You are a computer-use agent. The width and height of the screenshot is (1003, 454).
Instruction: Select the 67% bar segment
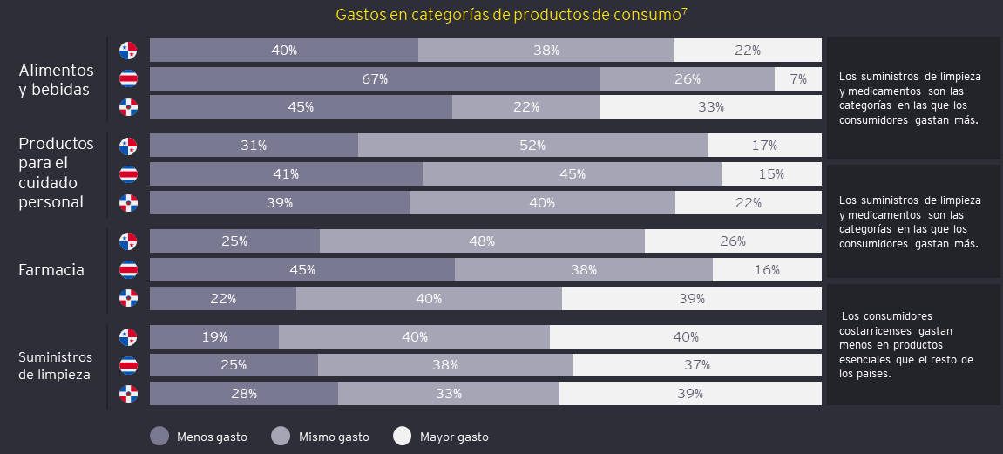[x=375, y=79]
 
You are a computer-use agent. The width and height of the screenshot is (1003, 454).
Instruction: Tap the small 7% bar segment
[x=798, y=79]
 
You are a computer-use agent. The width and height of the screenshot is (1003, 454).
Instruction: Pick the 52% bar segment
[x=532, y=145]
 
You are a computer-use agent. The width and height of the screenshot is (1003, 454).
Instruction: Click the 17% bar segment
[x=764, y=145]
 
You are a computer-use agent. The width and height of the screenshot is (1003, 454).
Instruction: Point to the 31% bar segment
[x=254, y=145]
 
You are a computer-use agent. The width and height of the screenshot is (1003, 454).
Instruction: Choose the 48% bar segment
[x=482, y=241]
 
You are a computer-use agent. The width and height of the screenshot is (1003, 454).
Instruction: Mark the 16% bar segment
[x=767, y=269]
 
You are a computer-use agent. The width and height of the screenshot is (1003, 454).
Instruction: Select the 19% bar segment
[x=214, y=336]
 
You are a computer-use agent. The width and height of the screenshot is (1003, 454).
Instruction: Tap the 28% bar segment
[x=244, y=393]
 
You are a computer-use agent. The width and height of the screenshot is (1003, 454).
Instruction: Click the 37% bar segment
[x=697, y=364]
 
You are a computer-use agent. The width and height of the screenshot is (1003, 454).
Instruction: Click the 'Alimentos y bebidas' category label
[x=56, y=79]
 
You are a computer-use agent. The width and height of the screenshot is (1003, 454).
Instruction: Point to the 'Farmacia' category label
[x=51, y=270]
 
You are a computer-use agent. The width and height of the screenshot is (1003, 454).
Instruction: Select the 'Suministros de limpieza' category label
[x=56, y=366]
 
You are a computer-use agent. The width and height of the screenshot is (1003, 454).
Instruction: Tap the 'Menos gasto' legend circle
[x=159, y=436]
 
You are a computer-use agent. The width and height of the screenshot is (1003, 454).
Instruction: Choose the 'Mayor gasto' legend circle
[x=402, y=436]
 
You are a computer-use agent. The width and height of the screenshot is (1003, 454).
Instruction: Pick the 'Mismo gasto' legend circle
[x=281, y=436]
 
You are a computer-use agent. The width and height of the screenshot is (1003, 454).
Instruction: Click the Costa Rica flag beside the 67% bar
[x=128, y=79]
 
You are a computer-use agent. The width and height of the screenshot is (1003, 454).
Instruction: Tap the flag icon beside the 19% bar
[x=128, y=336]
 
